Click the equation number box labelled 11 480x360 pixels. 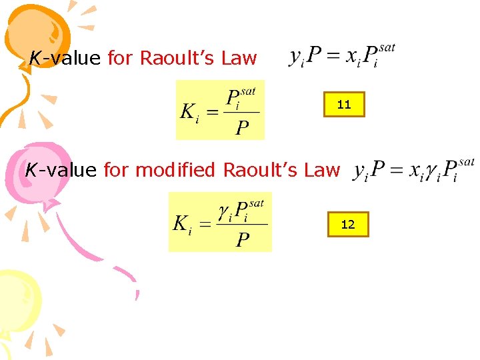344,104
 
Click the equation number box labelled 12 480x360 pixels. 347,224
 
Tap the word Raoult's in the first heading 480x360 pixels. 178,59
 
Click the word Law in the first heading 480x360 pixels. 239,59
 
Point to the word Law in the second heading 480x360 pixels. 322,170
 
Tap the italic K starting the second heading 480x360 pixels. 31,170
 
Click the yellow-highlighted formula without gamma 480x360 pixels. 220,110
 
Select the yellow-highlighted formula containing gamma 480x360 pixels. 220,222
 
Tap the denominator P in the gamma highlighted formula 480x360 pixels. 243,240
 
